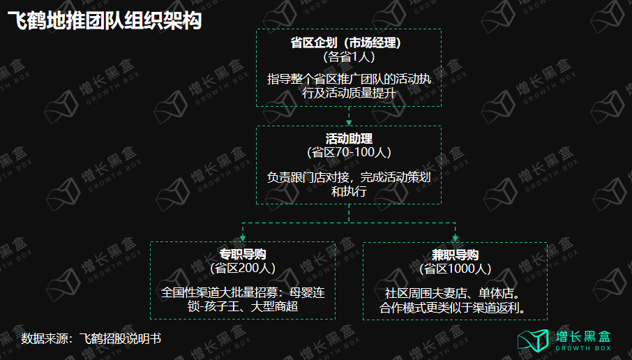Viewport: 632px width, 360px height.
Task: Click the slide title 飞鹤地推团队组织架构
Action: click(x=104, y=22)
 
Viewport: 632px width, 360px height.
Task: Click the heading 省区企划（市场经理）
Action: click(x=349, y=43)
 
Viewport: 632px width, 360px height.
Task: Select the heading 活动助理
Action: click(x=349, y=138)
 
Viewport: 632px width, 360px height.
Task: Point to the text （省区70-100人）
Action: click(x=349, y=152)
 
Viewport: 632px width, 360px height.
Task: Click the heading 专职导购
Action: click(x=243, y=255)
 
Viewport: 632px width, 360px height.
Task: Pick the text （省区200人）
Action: click(x=243, y=269)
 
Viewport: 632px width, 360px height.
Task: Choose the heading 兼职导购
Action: click(x=455, y=255)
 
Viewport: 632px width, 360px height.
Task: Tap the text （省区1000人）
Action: click(x=455, y=269)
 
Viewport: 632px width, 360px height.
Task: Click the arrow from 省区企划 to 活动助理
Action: click(x=349, y=116)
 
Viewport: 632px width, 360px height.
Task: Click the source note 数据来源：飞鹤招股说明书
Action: click(x=91, y=339)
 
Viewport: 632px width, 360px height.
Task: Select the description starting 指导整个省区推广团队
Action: click(x=349, y=87)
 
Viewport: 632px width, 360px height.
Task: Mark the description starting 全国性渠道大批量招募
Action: click(x=243, y=299)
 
